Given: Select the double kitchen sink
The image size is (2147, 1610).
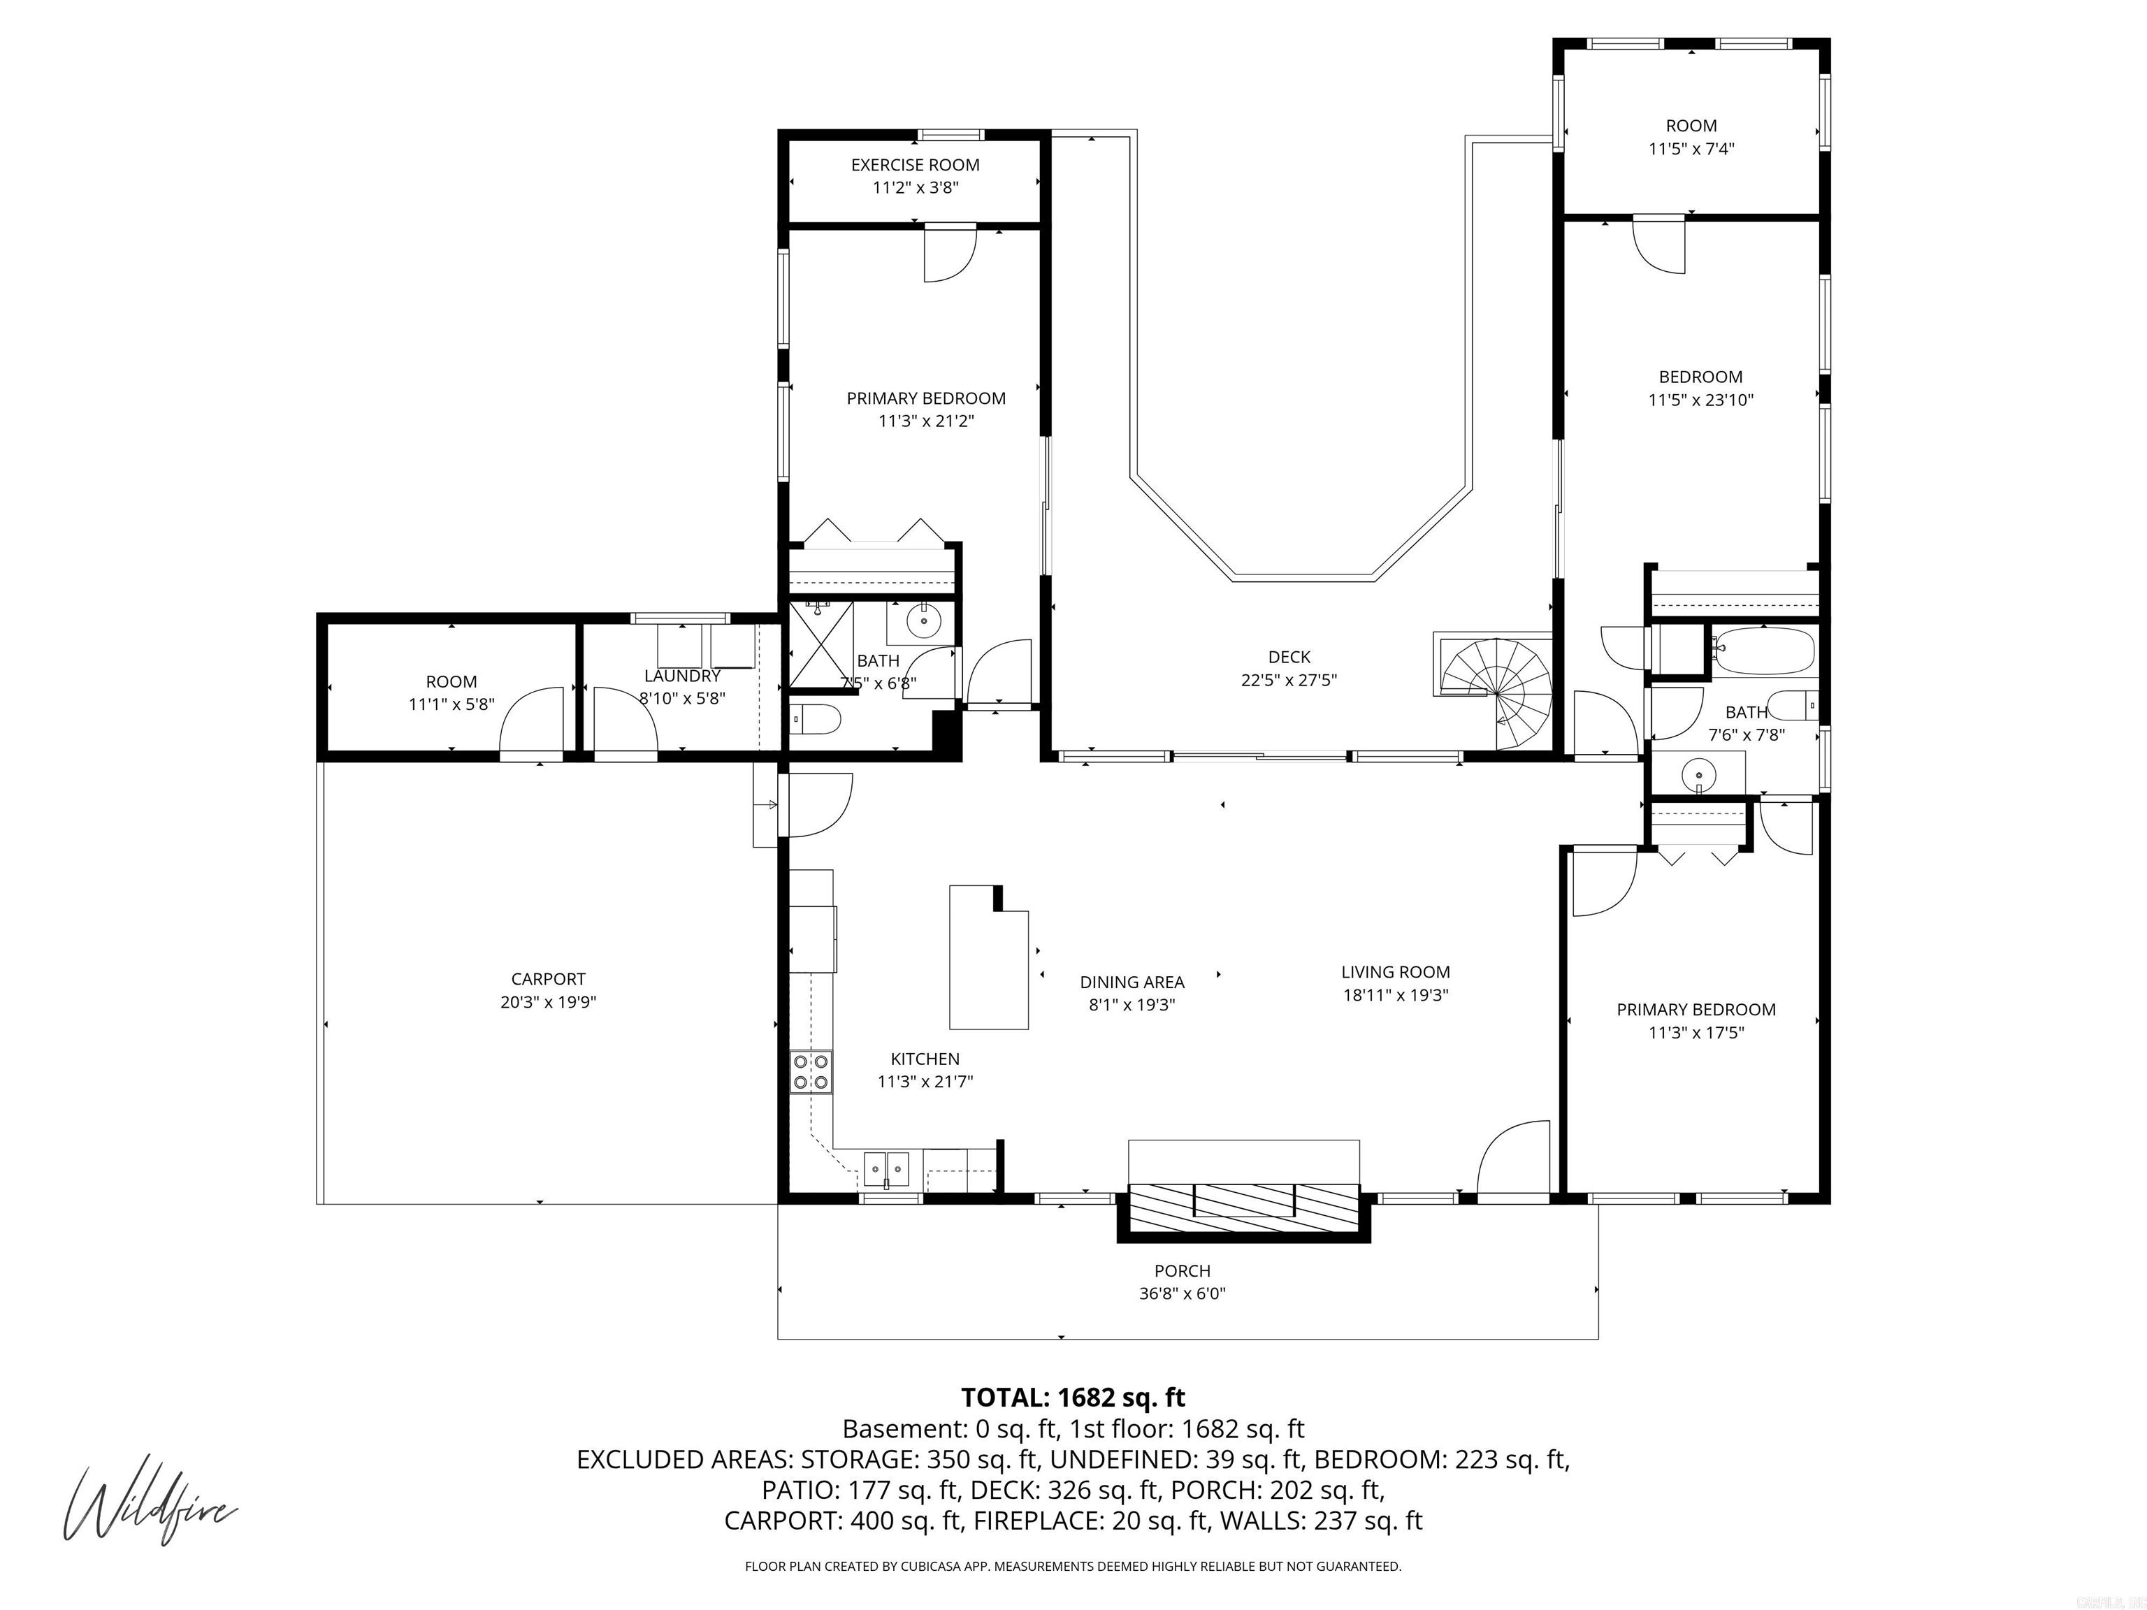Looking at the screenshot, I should click(886, 1169).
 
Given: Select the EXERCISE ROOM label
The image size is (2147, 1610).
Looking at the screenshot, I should click(916, 165).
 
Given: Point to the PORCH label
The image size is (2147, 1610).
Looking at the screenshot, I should click(1183, 1270).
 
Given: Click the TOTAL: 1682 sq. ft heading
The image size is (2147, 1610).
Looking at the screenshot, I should click(1073, 1398).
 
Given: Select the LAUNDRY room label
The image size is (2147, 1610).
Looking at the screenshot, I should click(682, 676).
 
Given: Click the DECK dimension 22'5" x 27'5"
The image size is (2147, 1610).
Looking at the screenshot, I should click(1289, 681).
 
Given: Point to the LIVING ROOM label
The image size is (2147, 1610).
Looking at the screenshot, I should click(1396, 971).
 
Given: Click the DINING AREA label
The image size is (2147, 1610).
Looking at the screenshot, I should click(1132, 982).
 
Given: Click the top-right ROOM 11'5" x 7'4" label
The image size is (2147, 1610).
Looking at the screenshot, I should click(1692, 125).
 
